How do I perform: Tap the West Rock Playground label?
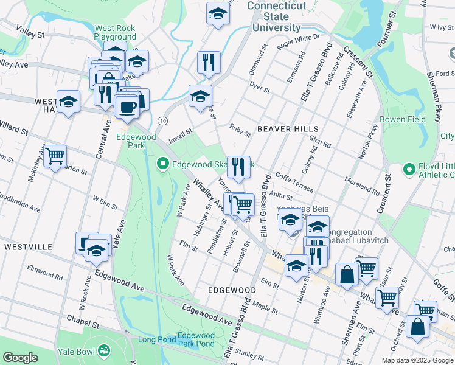point(115,32)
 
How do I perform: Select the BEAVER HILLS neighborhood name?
point(288,129)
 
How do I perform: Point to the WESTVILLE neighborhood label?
point(28,247)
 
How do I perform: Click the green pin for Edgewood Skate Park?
point(162,164)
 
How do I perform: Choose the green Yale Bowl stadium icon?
point(104,351)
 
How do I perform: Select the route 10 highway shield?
point(162,121)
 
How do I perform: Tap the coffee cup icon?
point(127,107)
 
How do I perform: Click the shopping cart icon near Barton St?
point(55,156)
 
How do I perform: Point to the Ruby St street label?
point(240,127)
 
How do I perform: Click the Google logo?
point(21,358)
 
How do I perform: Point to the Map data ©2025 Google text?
point(417,360)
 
